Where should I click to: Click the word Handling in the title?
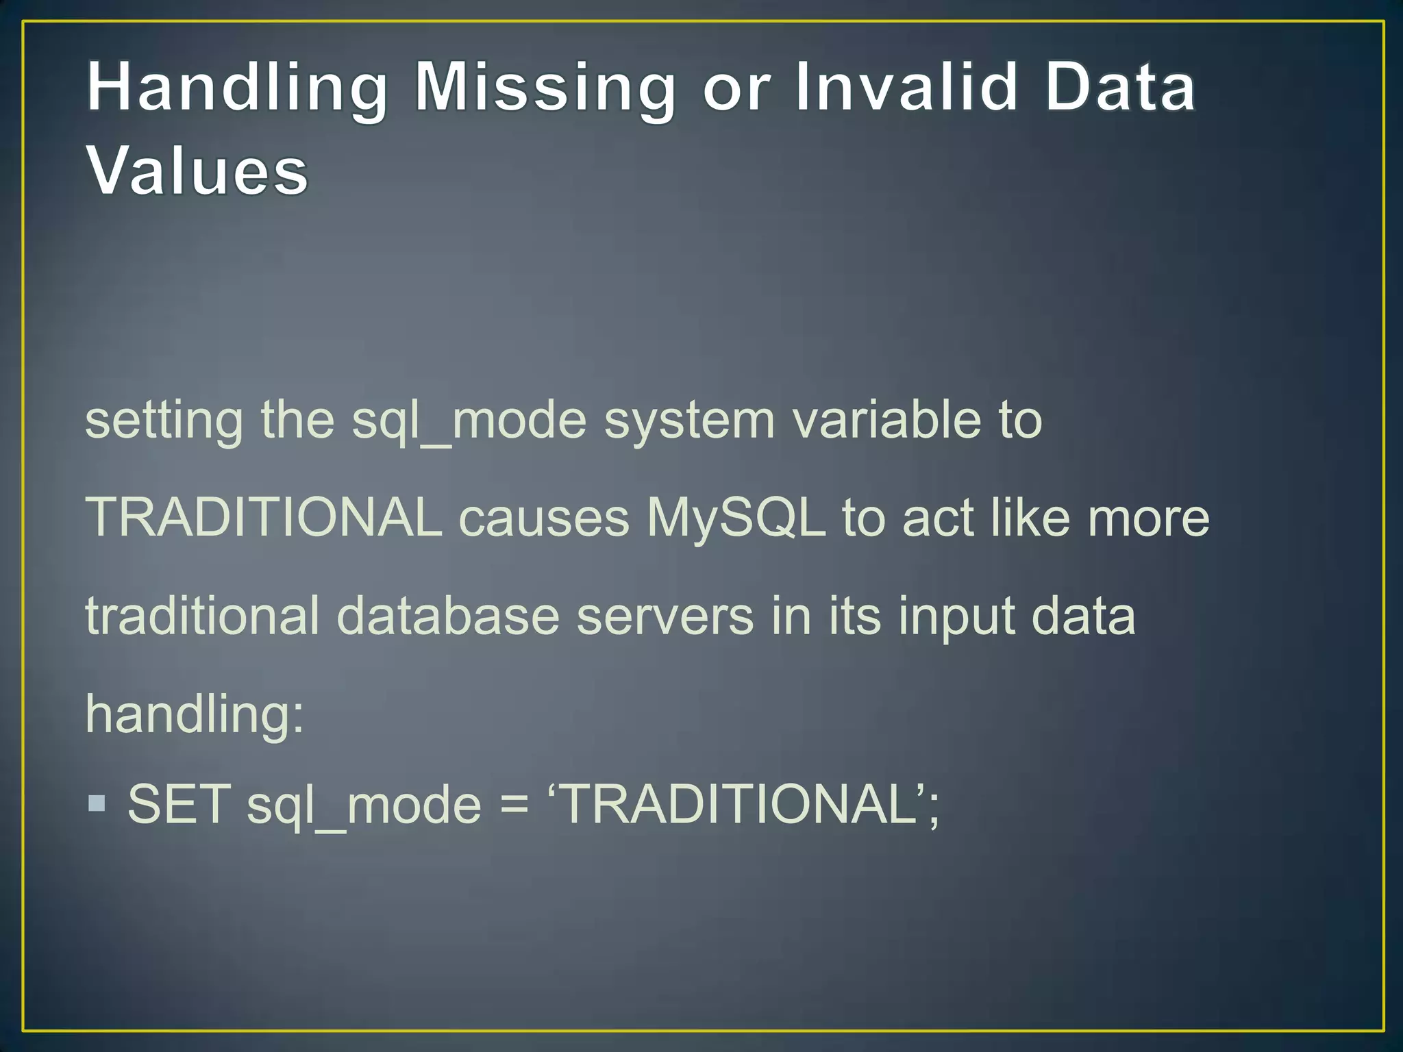237,88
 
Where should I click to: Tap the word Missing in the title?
545,88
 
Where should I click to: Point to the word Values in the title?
197,171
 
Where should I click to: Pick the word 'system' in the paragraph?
689,421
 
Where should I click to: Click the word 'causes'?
544,518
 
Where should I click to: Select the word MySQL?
736,518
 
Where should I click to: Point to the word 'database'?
448,616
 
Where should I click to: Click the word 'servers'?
665,616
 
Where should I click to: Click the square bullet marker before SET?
97,803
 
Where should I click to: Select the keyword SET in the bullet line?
179,804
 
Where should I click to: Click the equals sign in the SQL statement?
514,805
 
